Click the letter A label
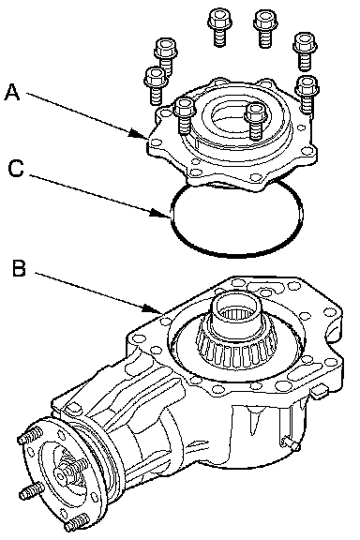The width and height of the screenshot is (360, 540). tap(12, 93)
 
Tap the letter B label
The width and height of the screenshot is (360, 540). tap(19, 268)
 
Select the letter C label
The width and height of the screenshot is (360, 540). tap(16, 169)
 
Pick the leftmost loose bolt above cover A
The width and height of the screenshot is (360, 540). tap(156, 85)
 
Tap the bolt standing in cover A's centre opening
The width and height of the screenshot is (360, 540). tap(255, 121)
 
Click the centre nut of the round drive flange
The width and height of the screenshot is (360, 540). tap(62, 476)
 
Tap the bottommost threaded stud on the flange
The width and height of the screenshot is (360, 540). tap(77, 523)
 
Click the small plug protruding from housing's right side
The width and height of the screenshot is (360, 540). tap(292, 444)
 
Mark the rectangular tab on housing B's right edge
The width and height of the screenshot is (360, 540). tap(319, 393)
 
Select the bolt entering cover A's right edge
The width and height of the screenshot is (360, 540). tap(307, 95)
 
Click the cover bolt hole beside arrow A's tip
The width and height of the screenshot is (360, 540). tap(157, 142)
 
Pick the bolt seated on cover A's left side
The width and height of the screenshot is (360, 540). tap(185, 115)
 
